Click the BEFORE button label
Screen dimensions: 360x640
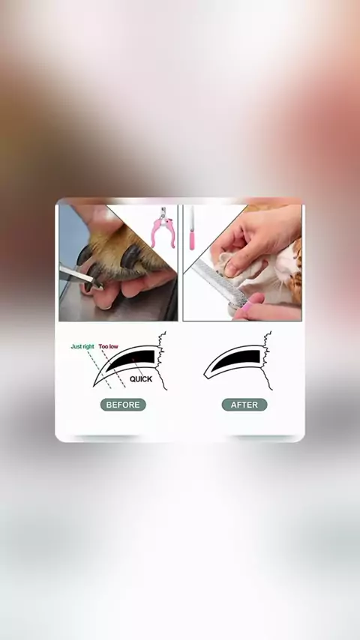(x=123, y=405)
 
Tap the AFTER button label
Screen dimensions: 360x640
(x=244, y=405)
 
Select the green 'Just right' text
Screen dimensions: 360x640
(x=82, y=346)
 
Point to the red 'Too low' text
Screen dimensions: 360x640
(x=108, y=346)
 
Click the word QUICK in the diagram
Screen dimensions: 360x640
(x=141, y=379)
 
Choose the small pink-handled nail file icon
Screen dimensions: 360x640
(x=192, y=229)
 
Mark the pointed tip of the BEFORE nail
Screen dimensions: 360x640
(x=94, y=385)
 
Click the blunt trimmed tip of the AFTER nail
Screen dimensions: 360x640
(x=205, y=373)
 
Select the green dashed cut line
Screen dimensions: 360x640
(x=99, y=369)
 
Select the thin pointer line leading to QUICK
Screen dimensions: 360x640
(x=137, y=367)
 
